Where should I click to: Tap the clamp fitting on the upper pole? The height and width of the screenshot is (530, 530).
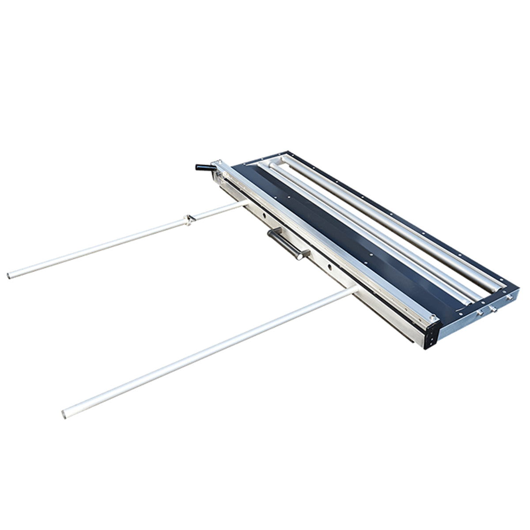(x=189, y=219)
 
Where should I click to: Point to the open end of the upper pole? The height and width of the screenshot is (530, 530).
(x=9, y=276)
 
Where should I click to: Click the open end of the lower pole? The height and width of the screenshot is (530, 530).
(x=64, y=414)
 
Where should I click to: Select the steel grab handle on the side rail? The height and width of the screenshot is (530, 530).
(x=288, y=244)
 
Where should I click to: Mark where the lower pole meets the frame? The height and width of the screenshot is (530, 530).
(x=356, y=289)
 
